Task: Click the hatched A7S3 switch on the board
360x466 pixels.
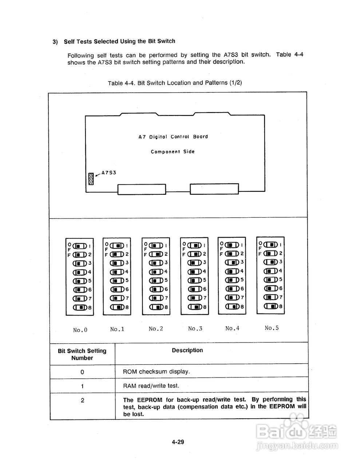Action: coord(91,179)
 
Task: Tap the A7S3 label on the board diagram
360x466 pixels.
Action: coord(108,173)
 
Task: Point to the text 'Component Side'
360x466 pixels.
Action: coord(173,151)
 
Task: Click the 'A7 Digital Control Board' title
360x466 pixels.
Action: coord(173,137)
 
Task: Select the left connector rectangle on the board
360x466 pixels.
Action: coord(142,189)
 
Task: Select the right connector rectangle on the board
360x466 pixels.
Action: coord(214,189)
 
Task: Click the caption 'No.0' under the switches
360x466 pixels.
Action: coord(80,330)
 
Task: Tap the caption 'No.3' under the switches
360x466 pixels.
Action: coord(195,329)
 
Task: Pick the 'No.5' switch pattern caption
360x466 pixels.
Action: coord(272,328)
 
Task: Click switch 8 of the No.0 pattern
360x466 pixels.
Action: coord(80,308)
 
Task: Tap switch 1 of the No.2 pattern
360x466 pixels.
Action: coord(156,245)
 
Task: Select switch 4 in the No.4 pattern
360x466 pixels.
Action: coord(232,271)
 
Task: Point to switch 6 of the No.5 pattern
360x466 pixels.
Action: coord(270,288)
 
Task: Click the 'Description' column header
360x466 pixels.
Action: coord(187,350)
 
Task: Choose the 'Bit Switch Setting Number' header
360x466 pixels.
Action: coord(82,354)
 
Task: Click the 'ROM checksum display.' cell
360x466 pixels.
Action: coord(156,372)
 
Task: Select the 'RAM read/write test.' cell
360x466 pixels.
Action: coord(151,386)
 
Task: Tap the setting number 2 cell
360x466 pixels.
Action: coord(82,400)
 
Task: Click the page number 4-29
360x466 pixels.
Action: coord(178,442)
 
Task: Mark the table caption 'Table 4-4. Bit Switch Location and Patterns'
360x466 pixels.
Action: coord(175,83)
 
